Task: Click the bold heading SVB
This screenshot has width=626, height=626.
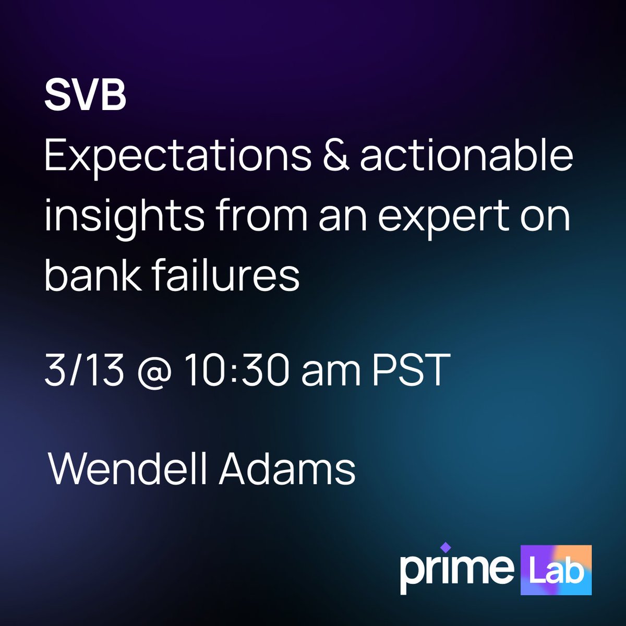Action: [x=85, y=97]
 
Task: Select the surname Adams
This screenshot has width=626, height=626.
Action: [x=287, y=468]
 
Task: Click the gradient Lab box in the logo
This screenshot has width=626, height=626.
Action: [x=556, y=570]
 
